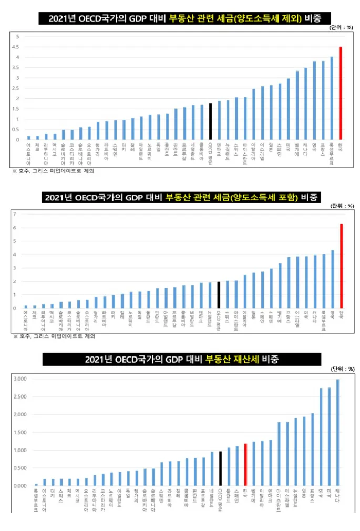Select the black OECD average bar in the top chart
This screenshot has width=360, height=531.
point(210,121)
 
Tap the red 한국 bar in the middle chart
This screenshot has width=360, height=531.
point(341,266)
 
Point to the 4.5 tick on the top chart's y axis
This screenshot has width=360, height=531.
point(17,47)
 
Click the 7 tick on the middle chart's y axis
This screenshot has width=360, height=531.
point(15,214)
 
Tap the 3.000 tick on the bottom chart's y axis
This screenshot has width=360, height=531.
point(19,379)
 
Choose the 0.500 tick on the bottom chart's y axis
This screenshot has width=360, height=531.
point(19,468)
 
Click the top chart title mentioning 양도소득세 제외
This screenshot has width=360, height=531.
point(181,19)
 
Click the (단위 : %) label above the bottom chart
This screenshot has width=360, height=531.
point(342,369)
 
